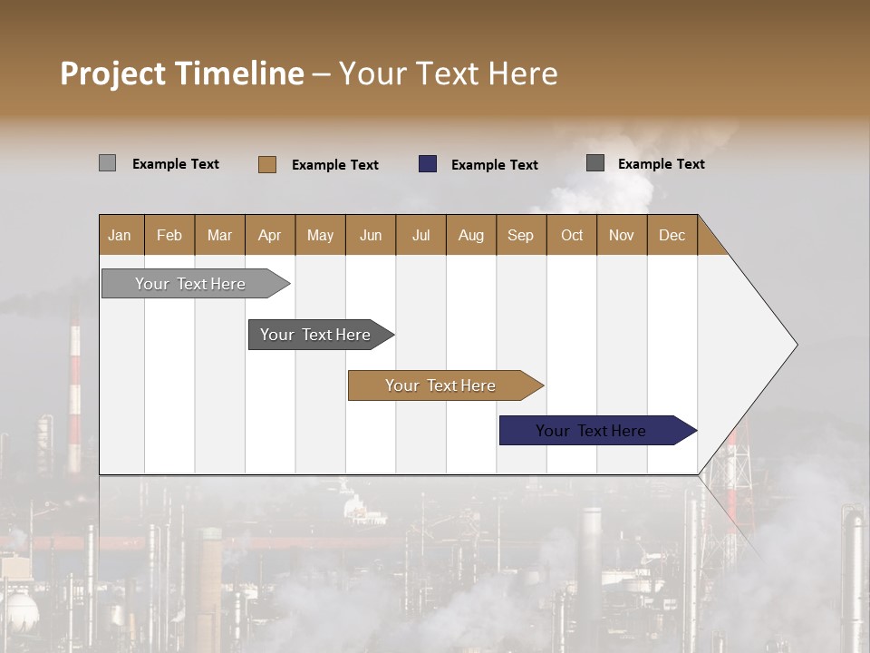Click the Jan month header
coord(120,235)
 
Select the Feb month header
coord(169,235)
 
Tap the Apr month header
coord(269,235)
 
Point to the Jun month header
coord(371,235)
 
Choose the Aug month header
coord(470,235)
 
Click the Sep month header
coord(520,235)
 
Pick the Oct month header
coord(572,235)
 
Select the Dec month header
coord(672,235)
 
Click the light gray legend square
coord(107,163)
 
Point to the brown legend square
coord(267,164)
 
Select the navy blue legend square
coord(428,164)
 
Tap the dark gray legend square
coord(595,163)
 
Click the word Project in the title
coord(113,73)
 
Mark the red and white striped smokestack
coord(74,390)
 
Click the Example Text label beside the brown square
coord(334,165)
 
